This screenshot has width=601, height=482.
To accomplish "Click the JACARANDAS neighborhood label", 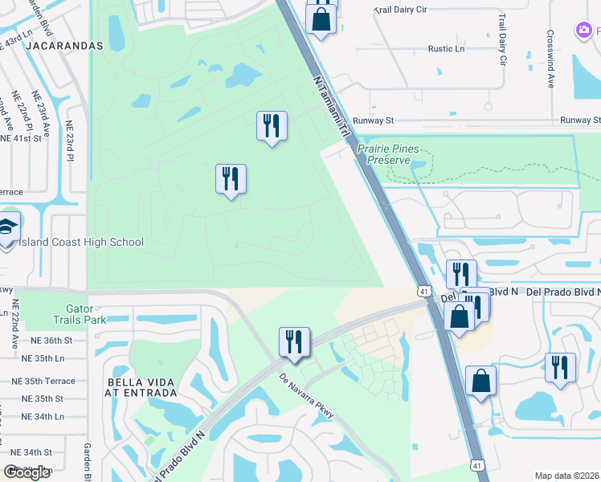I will pos(64,46).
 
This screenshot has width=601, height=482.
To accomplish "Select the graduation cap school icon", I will pos(7,227).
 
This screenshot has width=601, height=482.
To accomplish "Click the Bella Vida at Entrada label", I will pos(141,386).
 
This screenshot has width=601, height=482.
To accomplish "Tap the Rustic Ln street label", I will pos(446,49).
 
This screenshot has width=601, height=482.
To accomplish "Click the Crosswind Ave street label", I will pos(550,59).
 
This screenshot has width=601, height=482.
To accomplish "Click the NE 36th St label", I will pos(47,341).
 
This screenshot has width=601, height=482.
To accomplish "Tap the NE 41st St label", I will pos(21,138).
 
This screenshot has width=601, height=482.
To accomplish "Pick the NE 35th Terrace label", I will pos(48,382).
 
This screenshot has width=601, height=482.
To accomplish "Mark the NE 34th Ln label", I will pos(43,416).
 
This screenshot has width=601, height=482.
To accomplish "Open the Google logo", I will pos(27,472).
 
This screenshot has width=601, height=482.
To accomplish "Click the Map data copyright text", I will pos(566,476).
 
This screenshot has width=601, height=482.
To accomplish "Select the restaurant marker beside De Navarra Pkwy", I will pos(294,342).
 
